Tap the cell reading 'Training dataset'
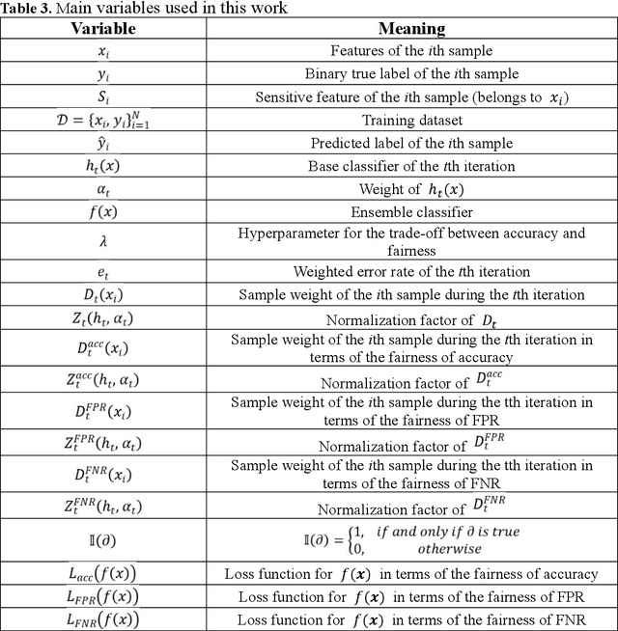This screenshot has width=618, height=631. pyautogui.click(x=411, y=120)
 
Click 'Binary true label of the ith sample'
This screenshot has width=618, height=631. pyautogui.click(x=411, y=74)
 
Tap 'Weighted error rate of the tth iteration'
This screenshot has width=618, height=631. pyautogui.click(x=411, y=271)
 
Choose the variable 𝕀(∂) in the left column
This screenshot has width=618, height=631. pyautogui.click(x=103, y=537)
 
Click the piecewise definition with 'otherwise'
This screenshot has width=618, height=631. pyautogui.click(x=412, y=537)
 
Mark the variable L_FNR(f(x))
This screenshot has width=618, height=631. pyautogui.click(x=103, y=618)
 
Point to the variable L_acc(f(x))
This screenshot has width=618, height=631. pyautogui.click(x=103, y=573)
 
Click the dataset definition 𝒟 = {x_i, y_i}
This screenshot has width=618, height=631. pyautogui.click(x=103, y=120)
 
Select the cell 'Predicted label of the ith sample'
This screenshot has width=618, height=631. pyautogui.click(x=411, y=143)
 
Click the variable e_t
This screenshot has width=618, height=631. pyautogui.click(x=103, y=272)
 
